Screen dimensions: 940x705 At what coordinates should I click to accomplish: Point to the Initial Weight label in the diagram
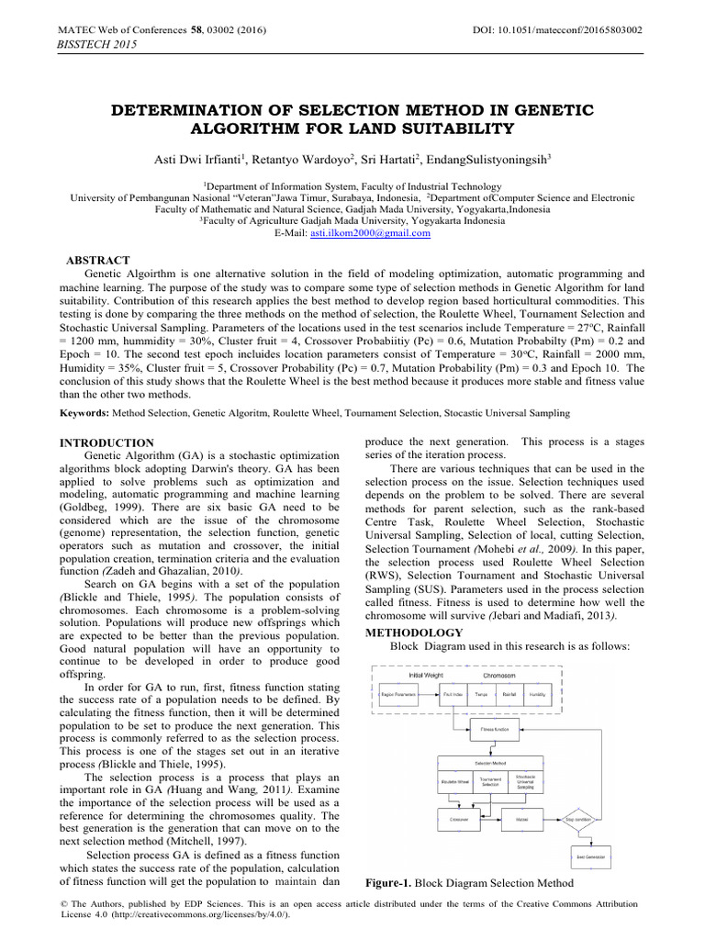[x=428, y=675]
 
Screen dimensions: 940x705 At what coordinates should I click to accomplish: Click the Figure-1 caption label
[x=390, y=883]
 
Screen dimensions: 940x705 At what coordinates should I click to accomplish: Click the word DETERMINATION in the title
[x=195, y=110]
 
